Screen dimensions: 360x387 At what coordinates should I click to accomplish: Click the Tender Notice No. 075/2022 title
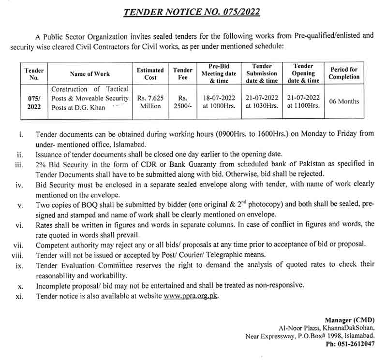click(x=192, y=12)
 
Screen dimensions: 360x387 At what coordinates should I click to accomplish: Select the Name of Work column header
click(x=89, y=74)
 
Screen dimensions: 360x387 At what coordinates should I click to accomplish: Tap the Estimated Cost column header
click(x=150, y=74)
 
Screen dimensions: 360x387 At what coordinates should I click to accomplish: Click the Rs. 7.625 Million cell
click(x=150, y=102)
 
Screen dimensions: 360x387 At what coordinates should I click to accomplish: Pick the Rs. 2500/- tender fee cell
click(x=182, y=102)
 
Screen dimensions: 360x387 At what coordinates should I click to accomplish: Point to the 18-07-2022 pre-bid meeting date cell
click(x=219, y=98)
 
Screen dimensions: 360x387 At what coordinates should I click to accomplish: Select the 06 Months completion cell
click(x=344, y=101)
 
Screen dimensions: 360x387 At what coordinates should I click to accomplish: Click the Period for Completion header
click(x=344, y=73)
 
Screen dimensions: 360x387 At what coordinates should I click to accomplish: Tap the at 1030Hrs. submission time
click(x=262, y=106)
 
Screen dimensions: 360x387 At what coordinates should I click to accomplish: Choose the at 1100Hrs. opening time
click(x=303, y=106)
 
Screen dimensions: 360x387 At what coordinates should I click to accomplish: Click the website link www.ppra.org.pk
click(x=191, y=296)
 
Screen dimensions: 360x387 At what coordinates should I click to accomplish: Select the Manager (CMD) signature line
click(x=349, y=320)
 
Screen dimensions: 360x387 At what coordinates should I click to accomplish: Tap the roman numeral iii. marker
click(x=19, y=164)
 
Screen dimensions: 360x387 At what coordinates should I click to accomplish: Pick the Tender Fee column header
click(x=182, y=74)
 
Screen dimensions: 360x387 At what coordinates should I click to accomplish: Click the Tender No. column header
click(x=34, y=74)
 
